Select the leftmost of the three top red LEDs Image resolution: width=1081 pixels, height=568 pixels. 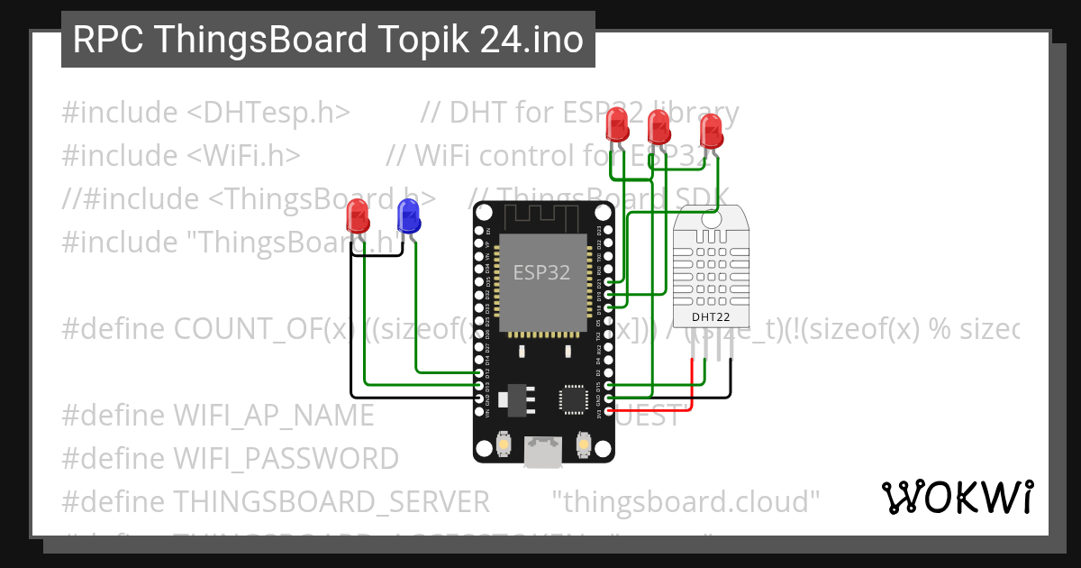pyautogui.click(x=617, y=124)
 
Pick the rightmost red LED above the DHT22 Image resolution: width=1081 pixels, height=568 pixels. pyautogui.click(x=711, y=130)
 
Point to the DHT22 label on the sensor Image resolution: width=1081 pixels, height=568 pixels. pyautogui.click(x=711, y=316)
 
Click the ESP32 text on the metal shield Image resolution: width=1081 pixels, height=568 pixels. pyautogui.click(x=541, y=272)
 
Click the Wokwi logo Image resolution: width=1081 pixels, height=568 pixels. pyautogui.click(x=957, y=497)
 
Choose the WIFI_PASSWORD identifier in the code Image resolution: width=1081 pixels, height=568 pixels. pyautogui.click(x=286, y=459)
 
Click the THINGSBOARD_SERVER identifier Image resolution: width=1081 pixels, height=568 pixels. pyautogui.click(x=332, y=501)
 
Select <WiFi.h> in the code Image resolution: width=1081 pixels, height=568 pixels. pyautogui.click(x=244, y=156)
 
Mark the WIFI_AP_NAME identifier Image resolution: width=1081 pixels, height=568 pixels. pyautogui.click(x=274, y=416)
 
